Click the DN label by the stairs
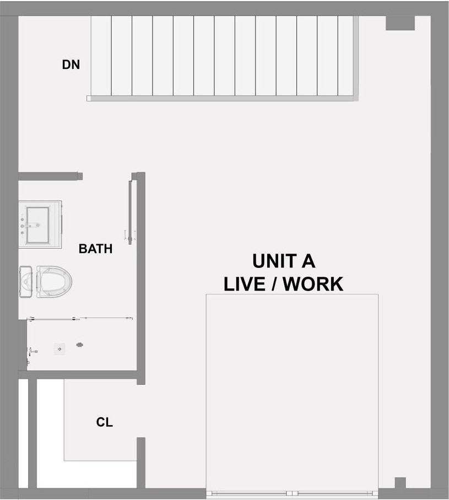(71, 64)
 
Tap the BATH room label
(95, 249)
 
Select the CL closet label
(104, 422)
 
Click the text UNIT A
(283, 261)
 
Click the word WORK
(316, 283)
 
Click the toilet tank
(26, 281)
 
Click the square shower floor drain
(60, 348)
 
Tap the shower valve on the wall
(34, 350)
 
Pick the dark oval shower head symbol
(80, 345)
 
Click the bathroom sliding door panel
(130, 209)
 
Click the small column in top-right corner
(399, 23)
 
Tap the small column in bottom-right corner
(400, 483)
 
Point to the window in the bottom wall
(292, 493)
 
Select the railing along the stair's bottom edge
(220, 98)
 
